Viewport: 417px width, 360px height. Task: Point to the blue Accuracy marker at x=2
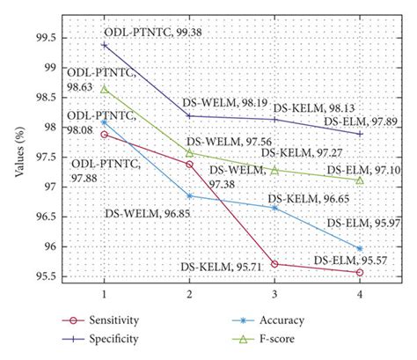pos(190,195)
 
